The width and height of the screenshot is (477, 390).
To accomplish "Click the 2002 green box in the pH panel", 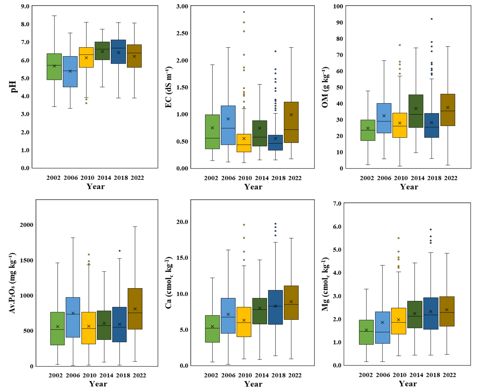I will pos(54,67).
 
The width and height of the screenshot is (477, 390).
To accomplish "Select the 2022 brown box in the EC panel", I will pos(291,122).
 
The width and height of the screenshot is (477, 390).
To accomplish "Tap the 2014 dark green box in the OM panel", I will pos(416,111).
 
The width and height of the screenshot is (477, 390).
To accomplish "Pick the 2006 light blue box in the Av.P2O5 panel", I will pos(73,317).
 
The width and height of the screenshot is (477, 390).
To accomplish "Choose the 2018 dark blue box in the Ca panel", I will pos(275,307).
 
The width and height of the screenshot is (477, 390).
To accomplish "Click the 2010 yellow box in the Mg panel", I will pos(399,321).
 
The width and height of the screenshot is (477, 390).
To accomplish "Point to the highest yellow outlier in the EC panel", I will pos(244,12).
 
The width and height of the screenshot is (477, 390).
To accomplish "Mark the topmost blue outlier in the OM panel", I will pos(432,19).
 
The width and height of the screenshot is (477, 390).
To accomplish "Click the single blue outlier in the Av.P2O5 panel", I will pos(120,251).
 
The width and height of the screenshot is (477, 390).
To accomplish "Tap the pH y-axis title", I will pos(13,87).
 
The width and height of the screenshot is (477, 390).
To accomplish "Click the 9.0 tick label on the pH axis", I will pos(25,6).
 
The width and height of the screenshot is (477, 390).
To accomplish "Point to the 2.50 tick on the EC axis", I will pos(182,33).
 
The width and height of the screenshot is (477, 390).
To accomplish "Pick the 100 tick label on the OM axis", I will pos(338,6).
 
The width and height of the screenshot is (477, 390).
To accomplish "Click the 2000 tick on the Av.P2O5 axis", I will pos(27,225).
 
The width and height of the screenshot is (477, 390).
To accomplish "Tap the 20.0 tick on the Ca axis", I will pos(182,222).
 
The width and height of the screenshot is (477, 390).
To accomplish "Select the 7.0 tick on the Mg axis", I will pos(337,203).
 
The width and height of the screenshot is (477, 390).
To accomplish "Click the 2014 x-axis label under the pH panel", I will pos(104,178).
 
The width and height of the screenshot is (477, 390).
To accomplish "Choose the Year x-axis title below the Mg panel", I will pos(408,384).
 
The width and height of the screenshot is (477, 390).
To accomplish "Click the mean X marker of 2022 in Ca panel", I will pos(291,302).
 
